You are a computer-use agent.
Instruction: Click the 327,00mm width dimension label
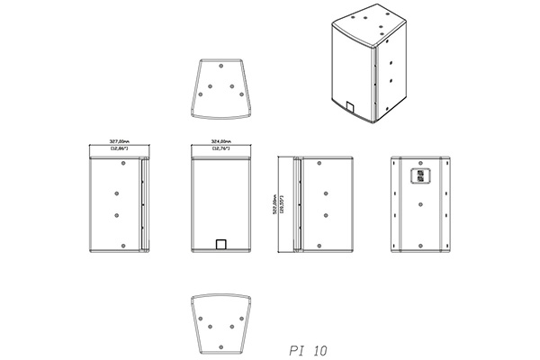(120, 141)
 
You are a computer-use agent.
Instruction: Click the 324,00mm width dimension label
(222, 141)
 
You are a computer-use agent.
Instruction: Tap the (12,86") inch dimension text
(120, 148)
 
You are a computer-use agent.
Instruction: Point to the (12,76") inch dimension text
(222, 148)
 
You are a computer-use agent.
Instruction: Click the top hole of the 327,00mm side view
(120, 165)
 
